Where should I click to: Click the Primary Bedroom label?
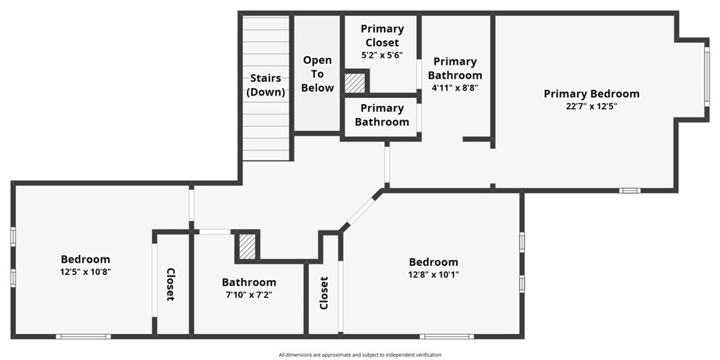click(x=591, y=94)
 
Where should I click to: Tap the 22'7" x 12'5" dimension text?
click(x=591, y=106)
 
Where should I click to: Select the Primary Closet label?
click(x=382, y=36)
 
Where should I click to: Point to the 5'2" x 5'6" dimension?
click(x=382, y=53)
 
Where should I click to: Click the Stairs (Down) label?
click(x=266, y=85)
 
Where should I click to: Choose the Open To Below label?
click(x=318, y=74)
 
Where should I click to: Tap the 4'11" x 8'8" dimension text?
click(x=455, y=86)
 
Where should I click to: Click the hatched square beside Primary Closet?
click(x=354, y=83)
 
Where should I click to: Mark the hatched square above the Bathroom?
click(x=247, y=247)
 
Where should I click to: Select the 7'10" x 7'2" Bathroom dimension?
click(x=249, y=295)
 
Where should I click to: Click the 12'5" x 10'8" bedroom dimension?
click(x=85, y=271)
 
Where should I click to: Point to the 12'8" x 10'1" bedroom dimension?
click(x=433, y=275)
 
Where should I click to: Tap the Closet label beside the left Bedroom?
click(x=170, y=284)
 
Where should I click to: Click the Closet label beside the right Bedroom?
click(x=323, y=293)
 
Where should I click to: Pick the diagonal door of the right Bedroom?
click(x=361, y=211)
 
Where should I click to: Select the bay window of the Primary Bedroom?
click(x=707, y=76)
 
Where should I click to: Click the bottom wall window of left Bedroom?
click(x=83, y=337)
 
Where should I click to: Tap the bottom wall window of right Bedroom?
click(x=446, y=337)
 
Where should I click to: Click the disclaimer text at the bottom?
click(x=360, y=354)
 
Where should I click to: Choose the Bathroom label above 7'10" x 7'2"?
click(x=249, y=282)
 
